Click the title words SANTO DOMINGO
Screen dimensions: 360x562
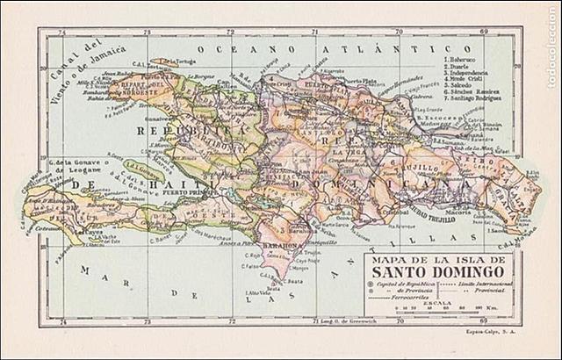[440, 271]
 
